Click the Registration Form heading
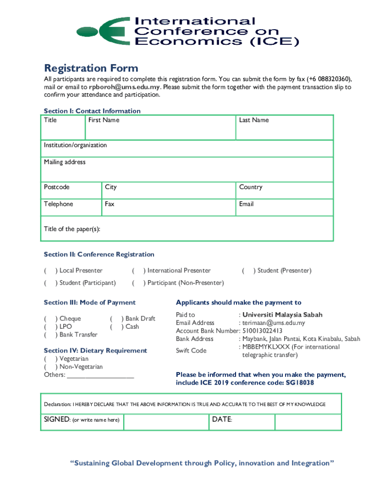pyautogui.click(x=91, y=68)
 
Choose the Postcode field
pyautogui.click(x=72, y=190)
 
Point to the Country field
pyautogui.click(x=285, y=190)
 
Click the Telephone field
pyautogui.click(x=72, y=207)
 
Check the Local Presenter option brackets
pyautogui.click(x=51, y=270)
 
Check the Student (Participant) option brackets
pyautogui.click(x=51, y=283)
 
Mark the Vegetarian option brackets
pyautogui.click(x=51, y=359)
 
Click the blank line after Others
pyautogui.click(x=101, y=375)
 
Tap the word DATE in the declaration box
pyautogui.click(x=221, y=419)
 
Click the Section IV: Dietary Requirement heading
pyautogui.click(x=95, y=350)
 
